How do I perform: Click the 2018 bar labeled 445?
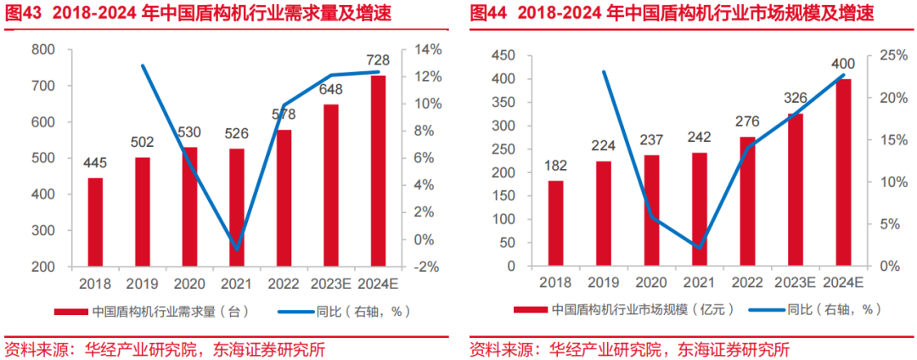95,222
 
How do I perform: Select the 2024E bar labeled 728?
378,171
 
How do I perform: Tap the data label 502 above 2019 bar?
142,142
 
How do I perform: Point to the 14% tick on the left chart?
427,50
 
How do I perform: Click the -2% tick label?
426,267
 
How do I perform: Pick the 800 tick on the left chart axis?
43,50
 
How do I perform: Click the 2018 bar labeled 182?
555,223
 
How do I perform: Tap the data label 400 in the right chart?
843,64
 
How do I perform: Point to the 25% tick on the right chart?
891,55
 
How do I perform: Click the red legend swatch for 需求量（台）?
70,312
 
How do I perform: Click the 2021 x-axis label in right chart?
700,283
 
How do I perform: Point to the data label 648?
330,88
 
